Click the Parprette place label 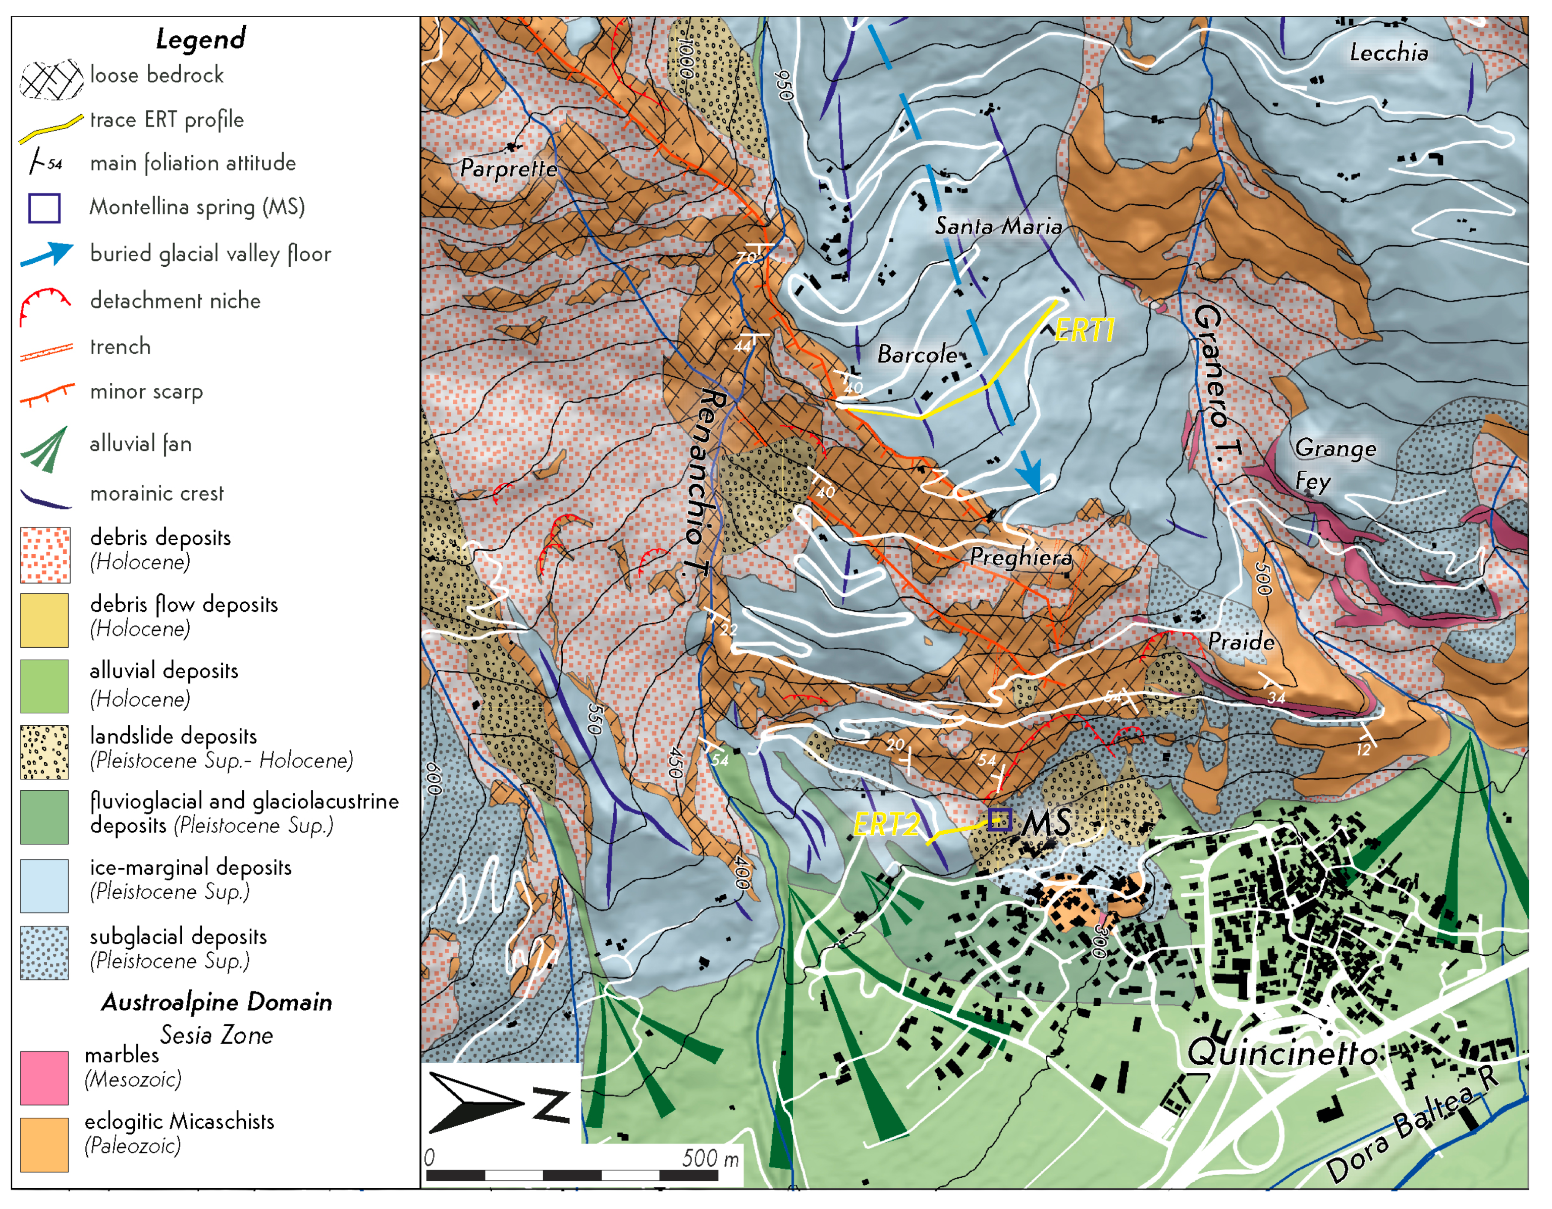pyautogui.click(x=508, y=168)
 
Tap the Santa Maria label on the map pyautogui.click(x=998, y=226)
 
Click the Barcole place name pyautogui.click(x=917, y=354)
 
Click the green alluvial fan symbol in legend pyautogui.click(x=47, y=449)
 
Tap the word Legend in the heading pyautogui.click(x=200, y=38)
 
